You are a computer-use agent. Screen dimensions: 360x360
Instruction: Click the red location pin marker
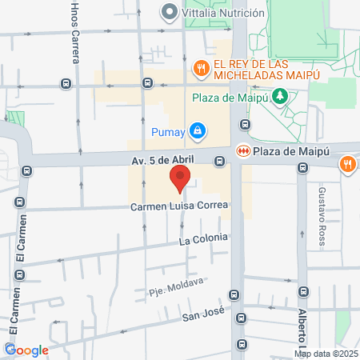[x=180, y=178]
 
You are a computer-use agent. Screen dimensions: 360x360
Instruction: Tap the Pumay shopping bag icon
[x=197, y=130]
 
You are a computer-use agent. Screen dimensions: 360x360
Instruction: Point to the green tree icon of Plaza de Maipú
[x=279, y=97]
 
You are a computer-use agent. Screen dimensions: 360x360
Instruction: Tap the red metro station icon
[x=243, y=150]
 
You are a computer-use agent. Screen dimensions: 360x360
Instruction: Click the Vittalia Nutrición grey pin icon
[x=169, y=12]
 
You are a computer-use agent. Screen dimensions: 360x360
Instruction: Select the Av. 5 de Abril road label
[x=162, y=161]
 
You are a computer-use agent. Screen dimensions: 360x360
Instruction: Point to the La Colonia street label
[x=203, y=238]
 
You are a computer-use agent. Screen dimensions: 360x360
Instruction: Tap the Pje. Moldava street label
[x=176, y=282]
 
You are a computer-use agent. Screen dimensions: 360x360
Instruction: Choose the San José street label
[x=201, y=315]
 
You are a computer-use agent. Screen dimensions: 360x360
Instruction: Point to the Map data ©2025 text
[x=326, y=354]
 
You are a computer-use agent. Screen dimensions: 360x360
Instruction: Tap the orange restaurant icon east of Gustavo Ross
[x=347, y=165]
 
